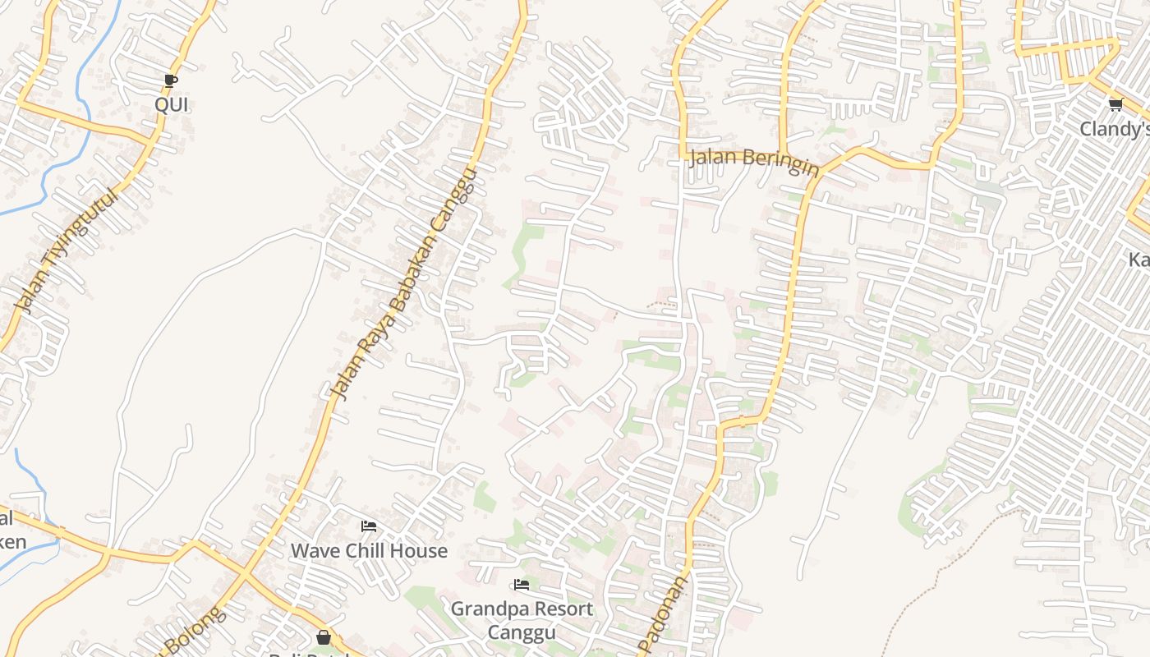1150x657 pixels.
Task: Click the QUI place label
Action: click(x=171, y=105)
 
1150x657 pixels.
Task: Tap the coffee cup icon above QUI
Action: click(x=170, y=80)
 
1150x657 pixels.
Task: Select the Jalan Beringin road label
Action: click(x=754, y=160)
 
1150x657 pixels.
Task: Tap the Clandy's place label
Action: click(x=1114, y=130)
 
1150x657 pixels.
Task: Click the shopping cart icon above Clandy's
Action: click(x=1115, y=104)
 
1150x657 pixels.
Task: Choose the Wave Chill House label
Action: click(x=369, y=551)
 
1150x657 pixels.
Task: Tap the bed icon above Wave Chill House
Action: click(x=369, y=526)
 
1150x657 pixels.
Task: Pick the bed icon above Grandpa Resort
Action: click(x=522, y=585)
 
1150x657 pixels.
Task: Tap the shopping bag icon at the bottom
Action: click(x=324, y=637)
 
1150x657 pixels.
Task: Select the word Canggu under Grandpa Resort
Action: click(x=522, y=632)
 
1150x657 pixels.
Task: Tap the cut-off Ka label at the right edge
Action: click(x=1138, y=260)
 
